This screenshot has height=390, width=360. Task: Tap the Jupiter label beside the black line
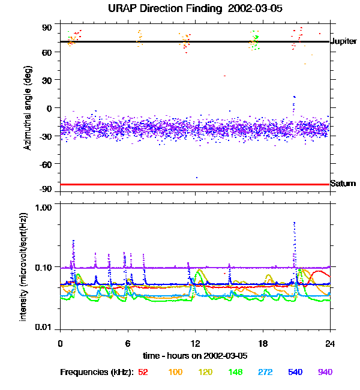click(x=344, y=41)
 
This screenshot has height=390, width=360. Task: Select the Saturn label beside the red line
click(x=343, y=184)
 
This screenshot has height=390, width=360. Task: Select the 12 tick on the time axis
click(x=195, y=343)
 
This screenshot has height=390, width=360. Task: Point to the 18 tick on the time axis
click(x=263, y=343)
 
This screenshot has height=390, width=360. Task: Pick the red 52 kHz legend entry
click(x=143, y=373)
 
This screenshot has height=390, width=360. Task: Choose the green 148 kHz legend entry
click(x=235, y=373)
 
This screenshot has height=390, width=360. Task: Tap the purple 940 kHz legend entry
click(x=325, y=373)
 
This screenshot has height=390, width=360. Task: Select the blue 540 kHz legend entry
click(x=295, y=373)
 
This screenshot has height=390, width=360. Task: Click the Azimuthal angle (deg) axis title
click(x=28, y=108)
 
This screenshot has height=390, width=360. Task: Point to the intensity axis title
click(x=24, y=268)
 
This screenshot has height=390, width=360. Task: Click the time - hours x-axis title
click(x=195, y=356)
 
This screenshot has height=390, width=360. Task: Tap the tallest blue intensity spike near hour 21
click(x=294, y=223)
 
